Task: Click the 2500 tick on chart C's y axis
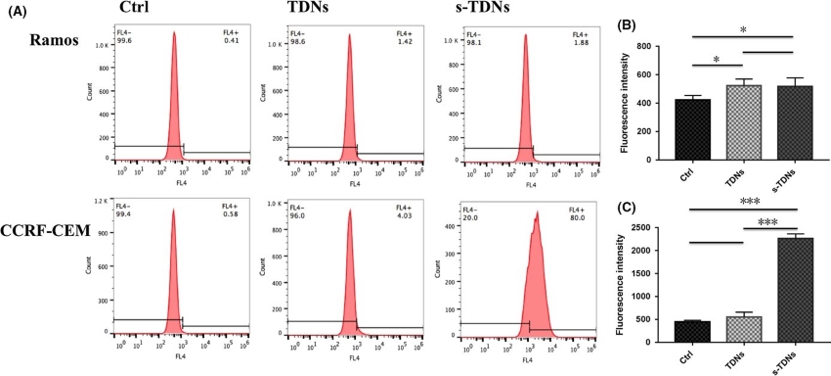click(659, 228)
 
